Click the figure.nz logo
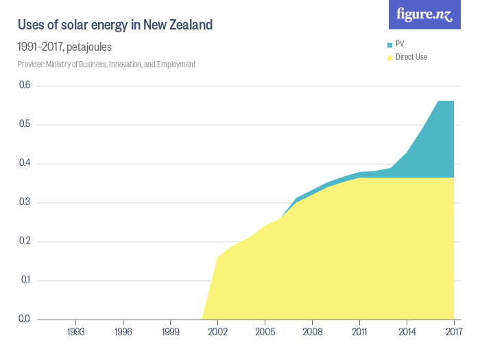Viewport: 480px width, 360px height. (x=424, y=14)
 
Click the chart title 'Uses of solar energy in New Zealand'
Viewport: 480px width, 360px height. (x=115, y=25)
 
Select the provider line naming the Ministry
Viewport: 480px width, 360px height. (x=107, y=64)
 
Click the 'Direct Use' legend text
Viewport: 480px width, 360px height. (x=411, y=57)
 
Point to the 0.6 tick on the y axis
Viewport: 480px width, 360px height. (x=25, y=85)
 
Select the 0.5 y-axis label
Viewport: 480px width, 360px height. (x=25, y=124)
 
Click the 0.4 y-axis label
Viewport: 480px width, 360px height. (x=25, y=163)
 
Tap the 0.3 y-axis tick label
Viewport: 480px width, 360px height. (x=25, y=202)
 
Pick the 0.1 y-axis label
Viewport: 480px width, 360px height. (x=25, y=280)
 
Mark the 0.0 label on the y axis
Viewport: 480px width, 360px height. (x=25, y=319)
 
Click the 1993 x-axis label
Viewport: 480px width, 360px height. (x=75, y=332)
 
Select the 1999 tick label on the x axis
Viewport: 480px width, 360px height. (x=170, y=332)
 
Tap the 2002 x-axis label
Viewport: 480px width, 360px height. (x=217, y=332)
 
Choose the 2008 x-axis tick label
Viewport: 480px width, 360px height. (x=312, y=332)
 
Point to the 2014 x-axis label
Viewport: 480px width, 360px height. (x=407, y=332)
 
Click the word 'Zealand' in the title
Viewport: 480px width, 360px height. (x=190, y=25)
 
